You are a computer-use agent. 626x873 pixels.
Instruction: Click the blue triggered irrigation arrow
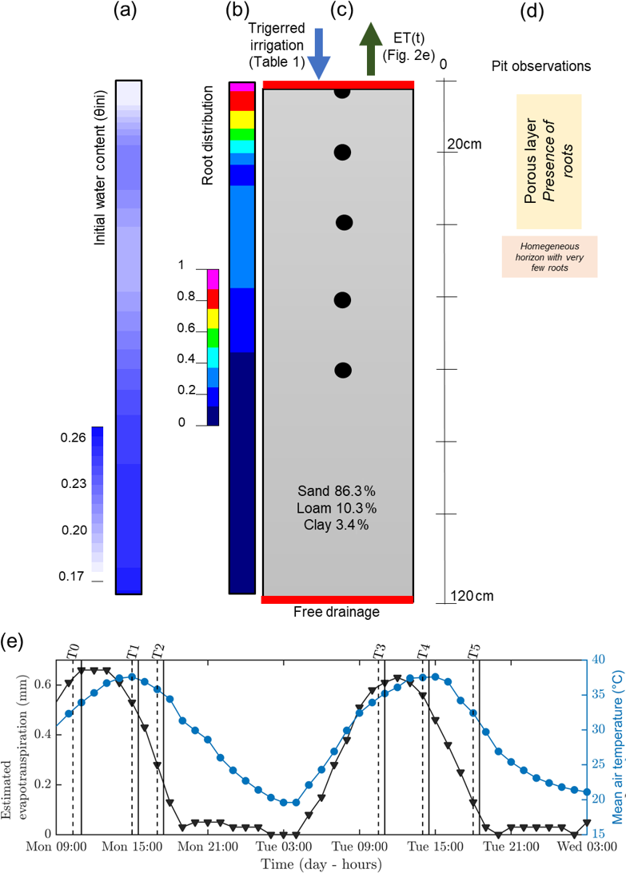(x=319, y=53)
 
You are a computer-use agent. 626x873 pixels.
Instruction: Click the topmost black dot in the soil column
(x=342, y=92)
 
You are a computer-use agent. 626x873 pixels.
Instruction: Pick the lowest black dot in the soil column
(x=343, y=370)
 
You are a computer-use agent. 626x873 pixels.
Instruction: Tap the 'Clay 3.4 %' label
(x=336, y=525)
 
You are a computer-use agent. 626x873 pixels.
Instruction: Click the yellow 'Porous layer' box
(x=548, y=161)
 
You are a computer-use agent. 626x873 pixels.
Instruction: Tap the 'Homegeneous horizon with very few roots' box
(x=550, y=256)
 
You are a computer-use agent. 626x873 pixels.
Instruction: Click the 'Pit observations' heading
(x=541, y=66)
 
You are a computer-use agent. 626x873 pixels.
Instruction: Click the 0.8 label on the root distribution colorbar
(x=185, y=297)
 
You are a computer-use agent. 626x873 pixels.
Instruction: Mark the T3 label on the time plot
(x=379, y=650)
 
